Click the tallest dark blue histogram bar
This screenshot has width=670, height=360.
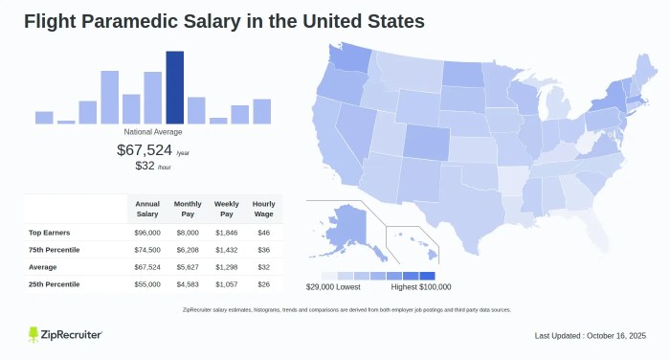[175, 87]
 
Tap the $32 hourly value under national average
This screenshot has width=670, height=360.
[145, 166]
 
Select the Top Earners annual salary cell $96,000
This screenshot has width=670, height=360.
[147, 233]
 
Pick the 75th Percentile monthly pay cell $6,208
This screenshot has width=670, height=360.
[188, 250]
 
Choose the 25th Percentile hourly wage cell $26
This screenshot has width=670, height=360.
[262, 284]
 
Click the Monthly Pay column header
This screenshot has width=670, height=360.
[188, 208]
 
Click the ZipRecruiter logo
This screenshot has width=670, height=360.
[65, 334]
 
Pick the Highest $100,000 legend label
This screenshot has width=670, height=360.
[421, 286]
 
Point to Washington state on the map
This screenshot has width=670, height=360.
[354, 60]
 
